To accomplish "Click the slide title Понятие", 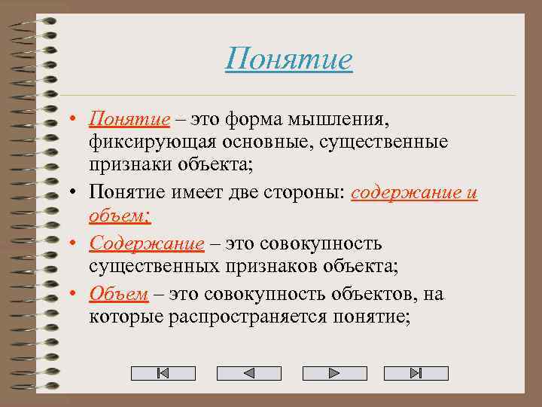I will tap(288, 59).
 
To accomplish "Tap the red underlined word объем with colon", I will tap(119, 217).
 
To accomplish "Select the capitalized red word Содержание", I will tap(146, 243).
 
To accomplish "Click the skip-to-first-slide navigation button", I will tap(163, 373).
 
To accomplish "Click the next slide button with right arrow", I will tap(334, 373).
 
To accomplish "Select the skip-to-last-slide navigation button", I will tap(416, 373).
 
